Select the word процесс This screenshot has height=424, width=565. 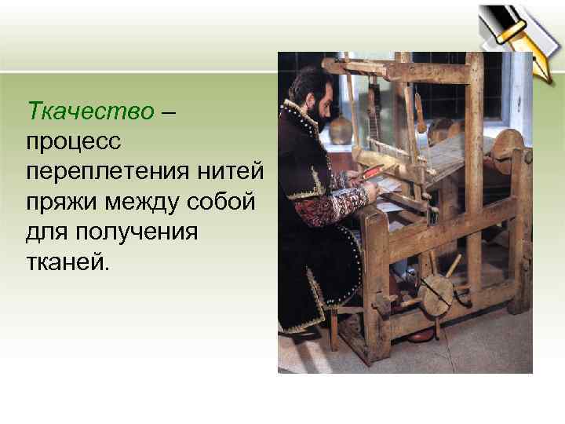(x=71, y=141)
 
